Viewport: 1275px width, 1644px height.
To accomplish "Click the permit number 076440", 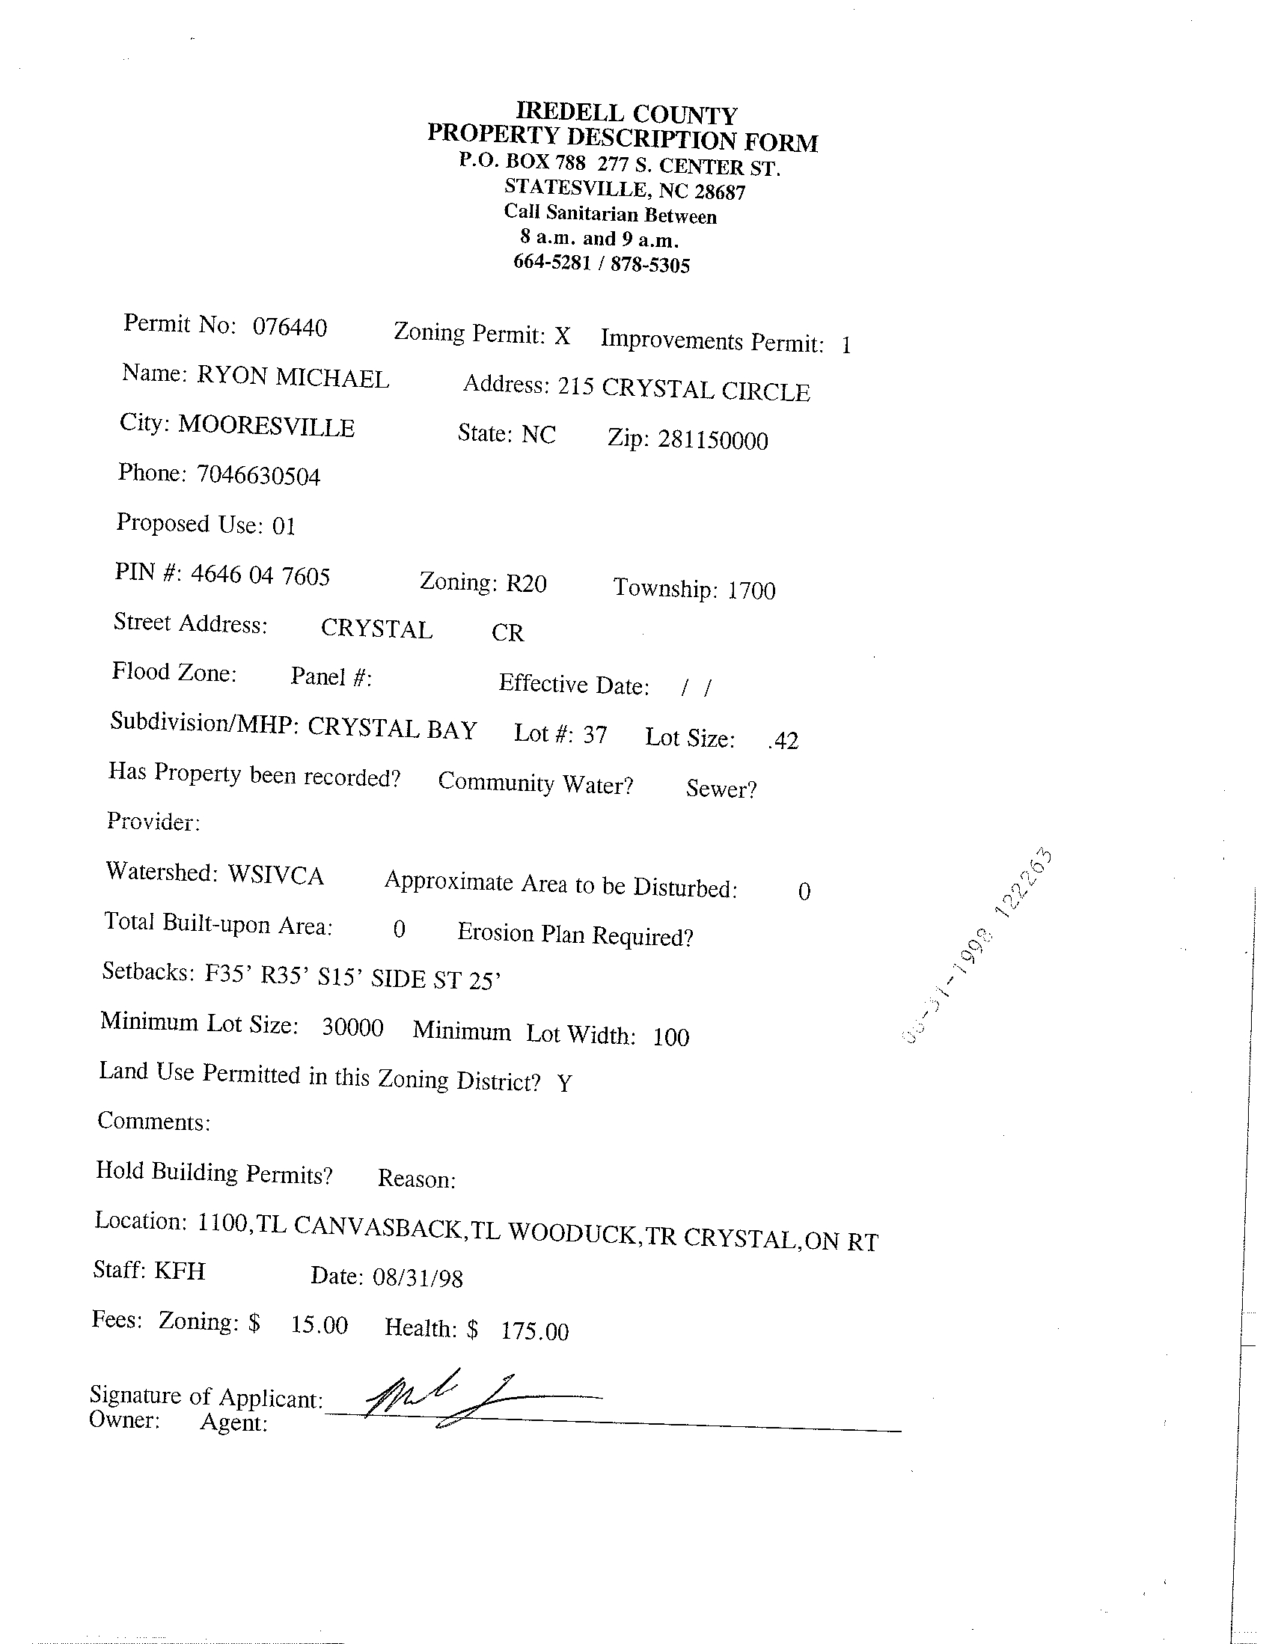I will click(x=290, y=328).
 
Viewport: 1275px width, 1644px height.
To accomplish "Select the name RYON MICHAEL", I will click(x=293, y=377).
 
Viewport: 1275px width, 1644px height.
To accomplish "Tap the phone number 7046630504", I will click(x=258, y=476).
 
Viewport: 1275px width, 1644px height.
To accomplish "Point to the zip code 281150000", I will click(x=713, y=440).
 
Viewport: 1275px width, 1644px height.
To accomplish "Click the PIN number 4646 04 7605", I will click(x=260, y=576).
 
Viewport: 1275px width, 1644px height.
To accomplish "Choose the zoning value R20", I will click(x=526, y=584).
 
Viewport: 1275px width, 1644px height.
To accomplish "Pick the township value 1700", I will click(x=751, y=590).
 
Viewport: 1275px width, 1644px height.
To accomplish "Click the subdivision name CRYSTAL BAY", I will click(x=392, y=729).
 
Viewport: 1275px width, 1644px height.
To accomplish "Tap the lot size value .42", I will click(x=783, y=741).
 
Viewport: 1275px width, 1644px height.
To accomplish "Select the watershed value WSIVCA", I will click(x=275, y=875).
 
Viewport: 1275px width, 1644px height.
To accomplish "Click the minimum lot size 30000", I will click(x=352, y=1027).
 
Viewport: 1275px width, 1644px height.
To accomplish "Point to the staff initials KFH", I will click(x=180, y=1271).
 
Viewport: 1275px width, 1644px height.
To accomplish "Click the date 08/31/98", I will click(x=418, y=1278).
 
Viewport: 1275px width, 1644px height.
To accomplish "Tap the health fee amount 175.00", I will click(x=535, y=1331).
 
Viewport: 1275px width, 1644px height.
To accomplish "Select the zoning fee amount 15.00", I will click(x=319, y=1324).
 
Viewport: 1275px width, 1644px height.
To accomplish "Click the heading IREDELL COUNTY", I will click(x=626, y=114).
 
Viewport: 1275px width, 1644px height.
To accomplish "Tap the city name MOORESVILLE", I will click(x=266, y=427).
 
